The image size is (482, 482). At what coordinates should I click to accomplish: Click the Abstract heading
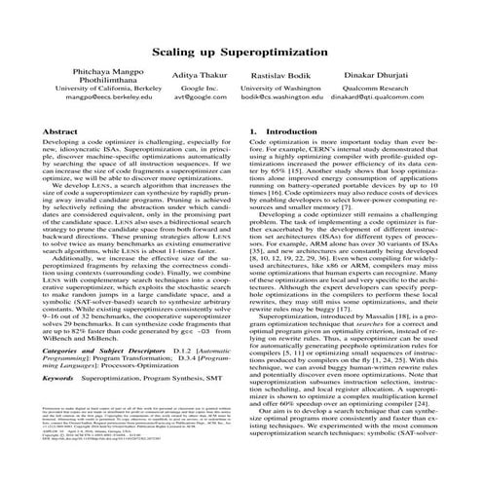click(x=60, y=158)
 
